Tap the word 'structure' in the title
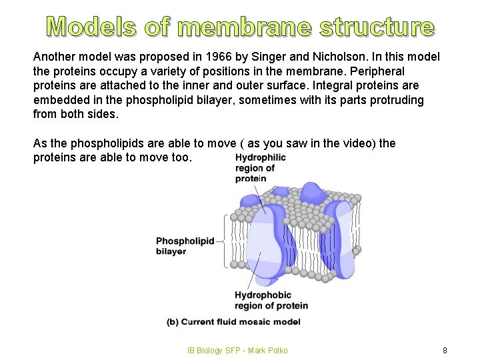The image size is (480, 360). [377, 27]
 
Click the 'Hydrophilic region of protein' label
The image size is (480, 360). [260, 168]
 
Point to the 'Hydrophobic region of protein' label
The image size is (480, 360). [271, 300]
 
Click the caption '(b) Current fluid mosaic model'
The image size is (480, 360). [233, 321]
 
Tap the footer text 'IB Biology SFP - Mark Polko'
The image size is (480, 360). [237, 351]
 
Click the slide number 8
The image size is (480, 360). [444, 351]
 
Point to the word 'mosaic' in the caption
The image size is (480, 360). [253, 321]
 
